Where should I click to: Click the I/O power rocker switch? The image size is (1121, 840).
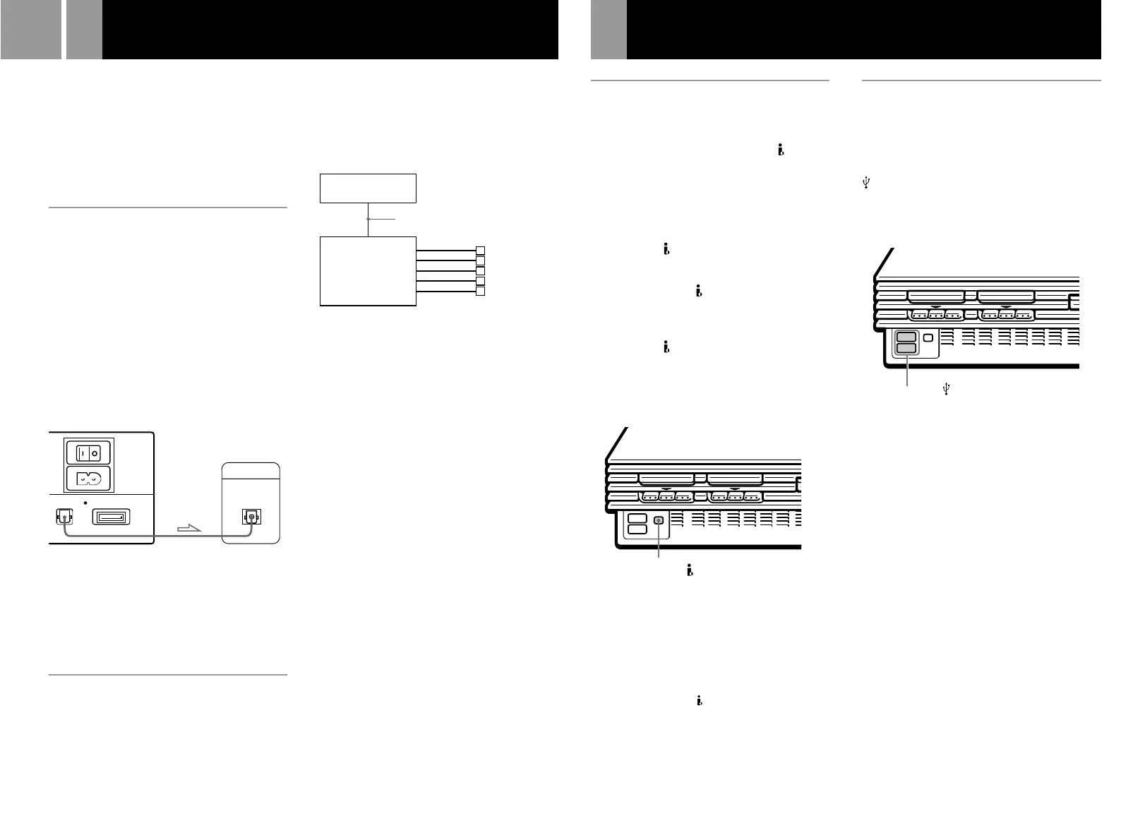coord(88,452)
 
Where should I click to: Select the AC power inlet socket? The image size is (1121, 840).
coord(89,479)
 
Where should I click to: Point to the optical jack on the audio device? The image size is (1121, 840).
coord(251,518)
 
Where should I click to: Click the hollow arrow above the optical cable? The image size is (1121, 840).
coord(189,527)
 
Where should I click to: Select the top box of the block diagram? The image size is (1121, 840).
coord(368,188)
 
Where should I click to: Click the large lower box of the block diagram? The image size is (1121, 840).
coord(368,271)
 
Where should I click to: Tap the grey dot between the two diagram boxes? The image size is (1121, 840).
coord(368,220)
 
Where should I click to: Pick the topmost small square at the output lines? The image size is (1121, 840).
coord(481,251)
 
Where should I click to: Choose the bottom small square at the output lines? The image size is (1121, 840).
coord(481,292)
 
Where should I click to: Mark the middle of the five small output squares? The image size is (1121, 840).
coord(481,271)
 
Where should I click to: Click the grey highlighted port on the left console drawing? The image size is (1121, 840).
coord(659,520)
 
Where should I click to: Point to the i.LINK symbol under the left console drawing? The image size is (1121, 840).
coord(689,571)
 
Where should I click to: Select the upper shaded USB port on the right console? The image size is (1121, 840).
coord(906,337)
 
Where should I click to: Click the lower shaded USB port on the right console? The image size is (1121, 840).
coord(906,348)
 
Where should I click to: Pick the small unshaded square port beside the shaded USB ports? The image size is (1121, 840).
coord(928,338)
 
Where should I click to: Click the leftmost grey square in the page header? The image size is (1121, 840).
coord(30,30)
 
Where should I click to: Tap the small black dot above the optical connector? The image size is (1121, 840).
coord(85,503)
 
